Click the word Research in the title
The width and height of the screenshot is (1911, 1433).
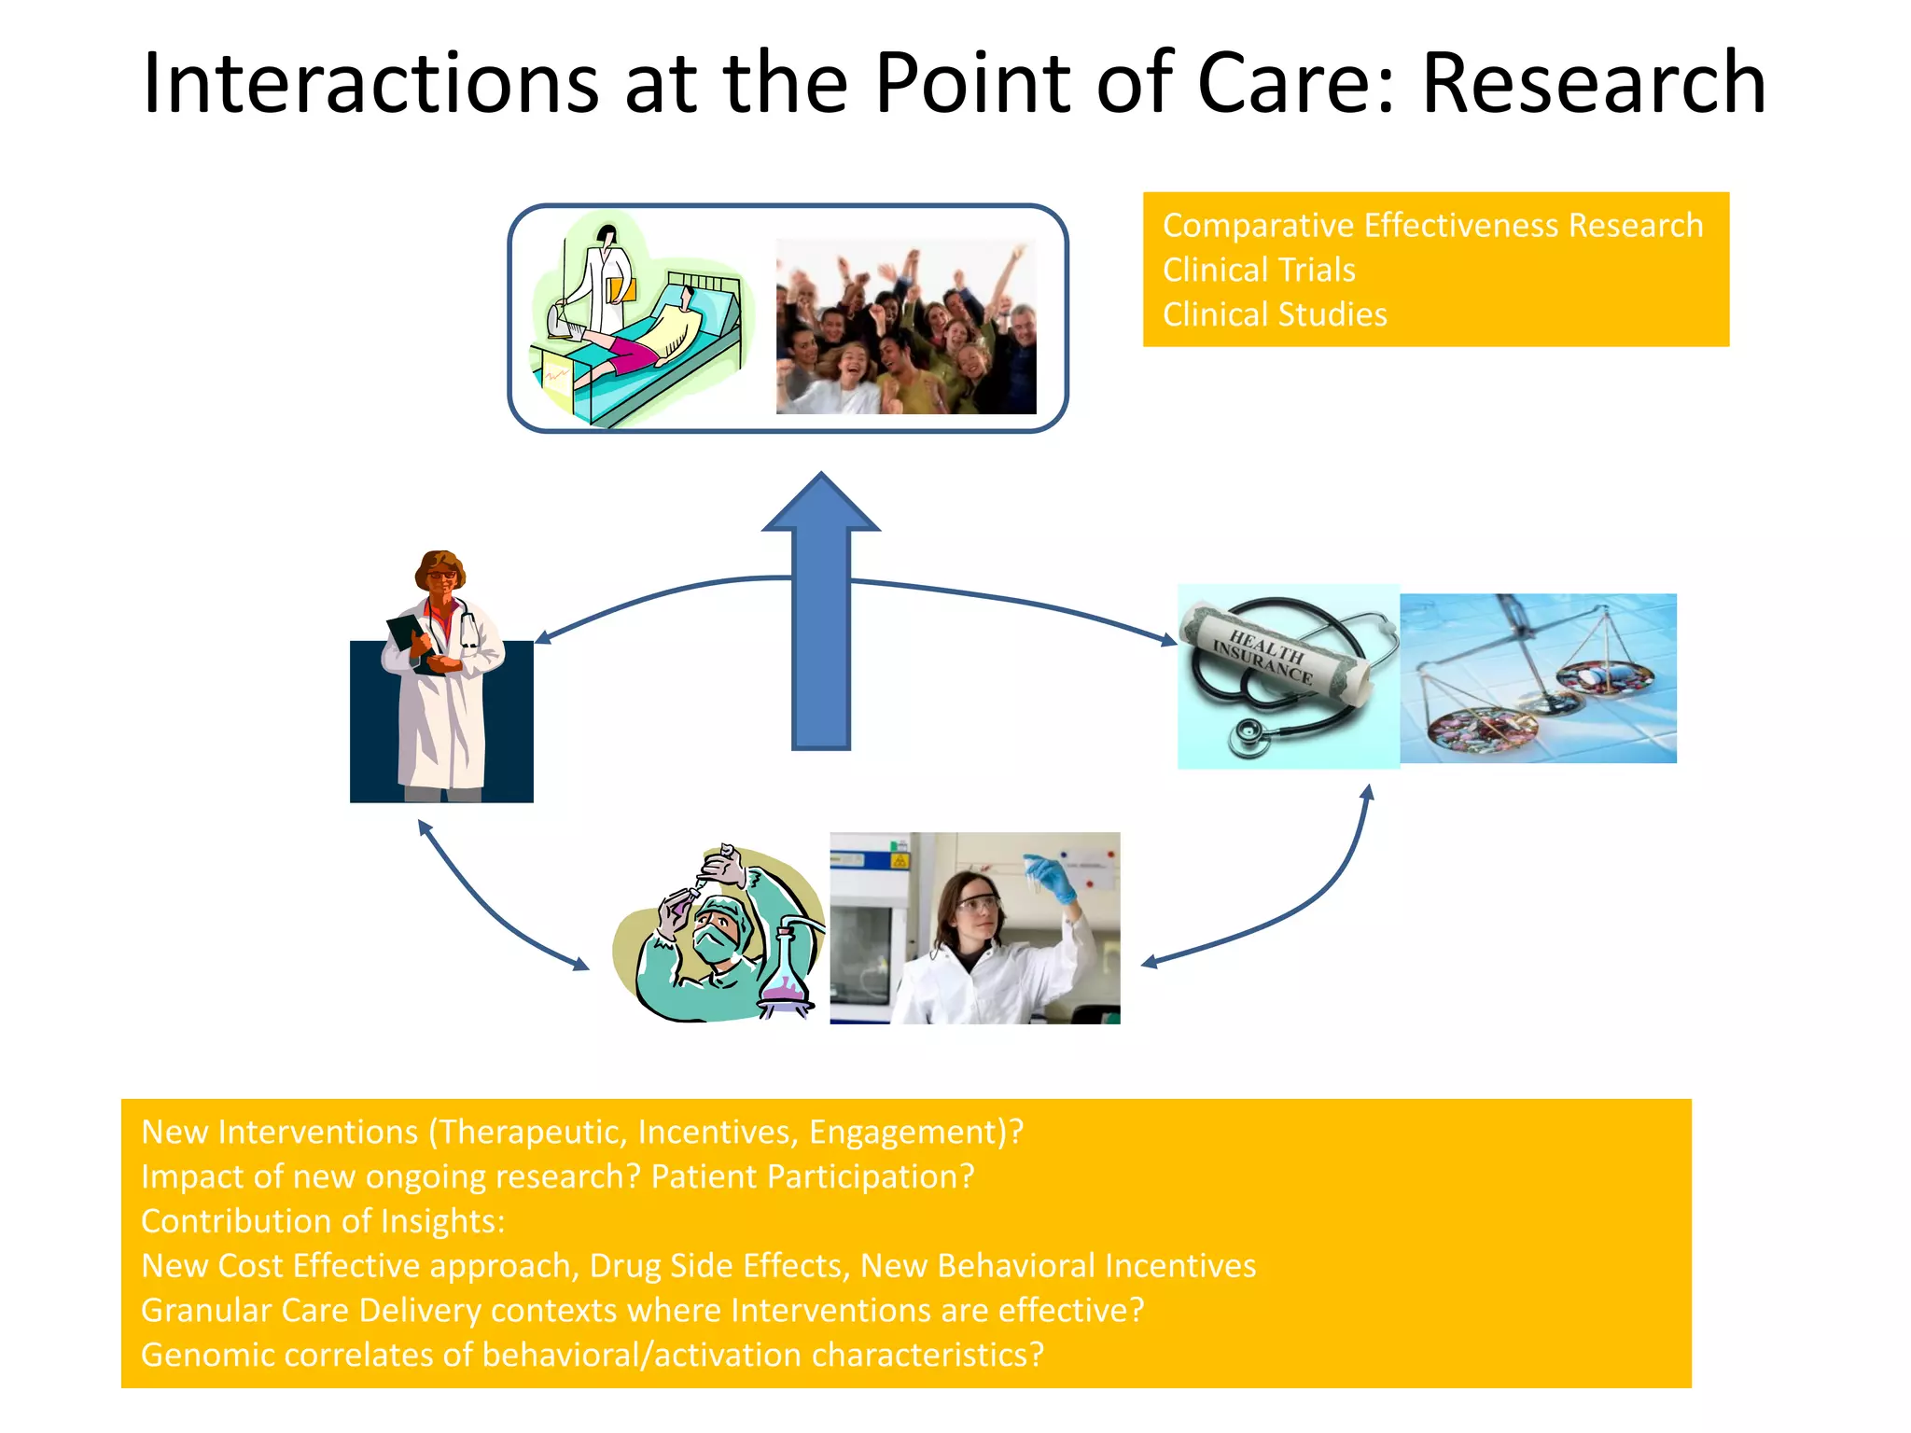[1593, 84]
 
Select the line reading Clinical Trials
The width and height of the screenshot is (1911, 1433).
[1258, 270]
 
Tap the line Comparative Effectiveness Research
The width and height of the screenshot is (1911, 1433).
[1432, 225]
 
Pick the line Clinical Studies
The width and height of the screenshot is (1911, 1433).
[1274, 314]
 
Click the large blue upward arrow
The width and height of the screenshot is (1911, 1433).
[820, 616]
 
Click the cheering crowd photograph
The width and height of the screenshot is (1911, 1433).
[905, 327]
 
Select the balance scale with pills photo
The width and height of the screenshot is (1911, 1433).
[1538, 678]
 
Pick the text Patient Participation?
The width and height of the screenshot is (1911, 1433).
[812, 1176]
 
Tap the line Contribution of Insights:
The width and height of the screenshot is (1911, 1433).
[323, 1221]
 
